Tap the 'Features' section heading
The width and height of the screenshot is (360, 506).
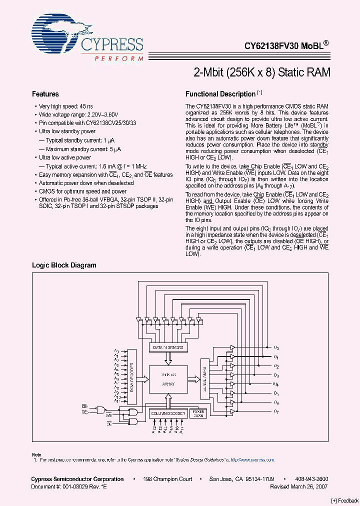pos(45,94)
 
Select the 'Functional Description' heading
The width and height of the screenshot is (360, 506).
pos(220,94)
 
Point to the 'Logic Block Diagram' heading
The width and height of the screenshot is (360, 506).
pos(64,265)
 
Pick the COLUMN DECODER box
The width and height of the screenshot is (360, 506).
pos(168,413)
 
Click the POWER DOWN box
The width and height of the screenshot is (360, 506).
pos(198,413)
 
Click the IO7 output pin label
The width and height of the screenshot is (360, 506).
pos(276,411)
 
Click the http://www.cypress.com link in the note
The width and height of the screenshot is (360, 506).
pos(256,459)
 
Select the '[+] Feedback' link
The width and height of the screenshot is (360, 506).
pos(345,500)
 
